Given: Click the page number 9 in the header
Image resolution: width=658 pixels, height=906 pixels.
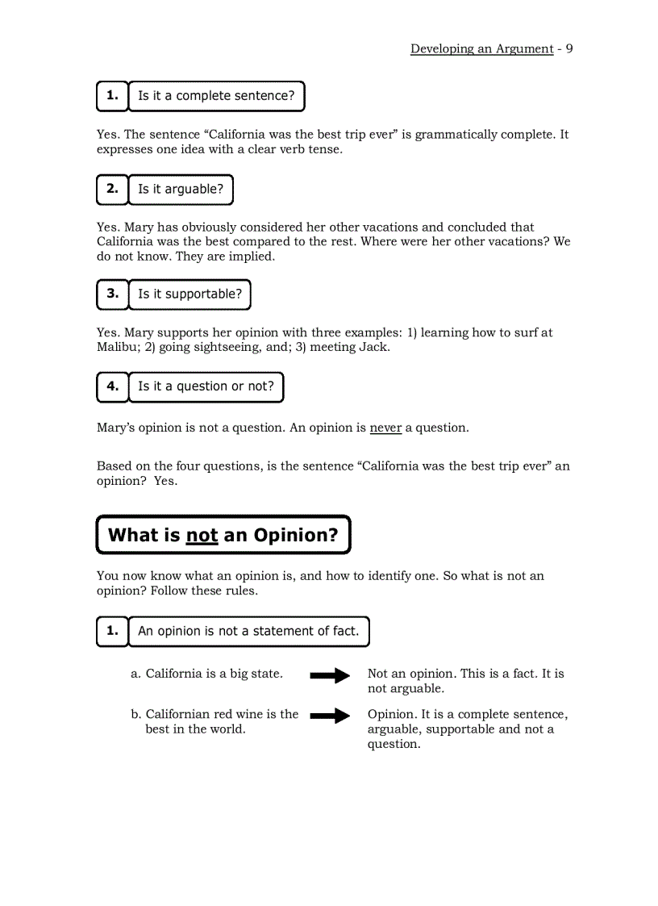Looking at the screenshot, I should click(x=569, y=48).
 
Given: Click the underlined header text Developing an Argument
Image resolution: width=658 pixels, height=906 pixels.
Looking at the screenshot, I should click(x=481, y=48).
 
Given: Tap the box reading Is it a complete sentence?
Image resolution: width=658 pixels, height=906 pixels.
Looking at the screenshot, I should click(x=216, y=96).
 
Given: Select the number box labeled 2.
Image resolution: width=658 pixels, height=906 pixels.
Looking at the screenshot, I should click(x=112, y=190).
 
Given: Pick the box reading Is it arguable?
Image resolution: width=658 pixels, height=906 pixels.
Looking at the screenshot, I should click(x=181, y=190).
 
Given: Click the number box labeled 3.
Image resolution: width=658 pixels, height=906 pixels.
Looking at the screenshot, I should click(x=112, y=294).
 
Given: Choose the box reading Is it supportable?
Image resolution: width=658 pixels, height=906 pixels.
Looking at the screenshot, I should click(x=189, y=294).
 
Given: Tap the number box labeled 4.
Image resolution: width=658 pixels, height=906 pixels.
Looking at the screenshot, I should click(x=112, y=386).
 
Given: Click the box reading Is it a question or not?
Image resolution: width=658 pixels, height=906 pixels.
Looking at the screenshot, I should click(x=206, y=386).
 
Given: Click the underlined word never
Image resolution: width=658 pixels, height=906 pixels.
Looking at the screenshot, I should click(x=385, y=428).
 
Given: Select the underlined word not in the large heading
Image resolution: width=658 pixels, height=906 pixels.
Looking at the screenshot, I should click(x=202, y=535).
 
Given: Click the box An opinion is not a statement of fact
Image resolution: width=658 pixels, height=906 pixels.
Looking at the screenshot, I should click(x=248, y=632).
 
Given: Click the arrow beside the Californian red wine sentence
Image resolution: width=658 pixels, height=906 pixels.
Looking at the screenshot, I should click(x=330, y=716).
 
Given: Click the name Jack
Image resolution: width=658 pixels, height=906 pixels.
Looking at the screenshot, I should click(x=373, y=347).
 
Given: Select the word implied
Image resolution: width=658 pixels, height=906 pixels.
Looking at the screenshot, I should click(x=252, y=257).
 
